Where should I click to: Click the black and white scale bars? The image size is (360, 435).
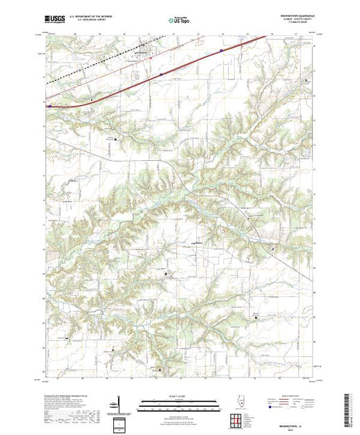(x=180, y=401)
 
